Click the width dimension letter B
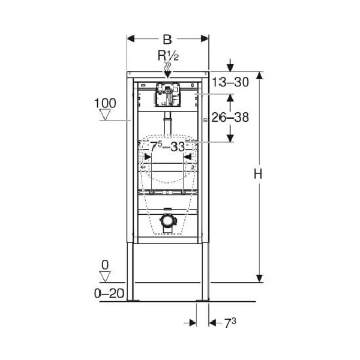pyautogui.click(x=167, y=40)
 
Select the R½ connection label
pyautogui.click(x=167, y=56)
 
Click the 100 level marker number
pyautogui.click(x=106, y=104)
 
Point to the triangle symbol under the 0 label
pyautogui.click(x=106, y=277)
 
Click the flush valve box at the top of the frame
pyautogui.click(x=167, y=95)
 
